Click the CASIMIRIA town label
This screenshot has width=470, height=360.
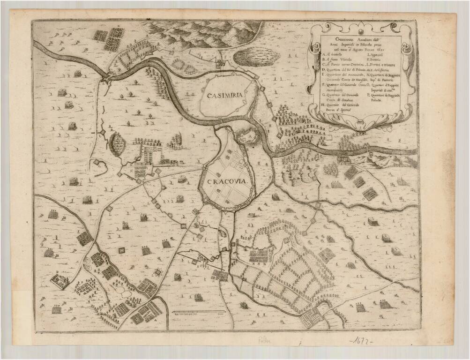[225, 95]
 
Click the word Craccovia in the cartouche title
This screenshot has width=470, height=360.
[346, 39]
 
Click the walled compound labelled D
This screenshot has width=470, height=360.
[60, 280]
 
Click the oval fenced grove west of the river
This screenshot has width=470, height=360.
[116, 142]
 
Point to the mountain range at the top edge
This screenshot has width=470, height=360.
[201, 33]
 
